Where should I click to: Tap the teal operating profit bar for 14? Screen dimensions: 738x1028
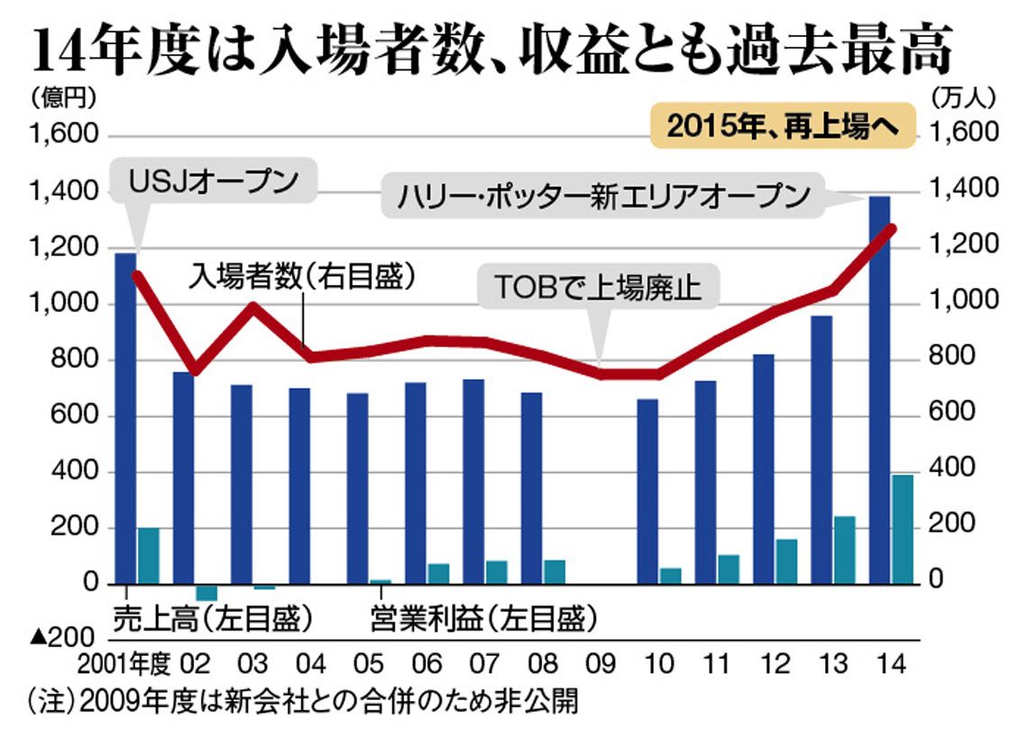coord(903,529)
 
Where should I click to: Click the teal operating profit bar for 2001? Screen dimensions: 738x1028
coord(148,556)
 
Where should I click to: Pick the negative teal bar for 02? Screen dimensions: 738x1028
coord(207,592)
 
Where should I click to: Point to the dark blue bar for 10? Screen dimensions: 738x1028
coord(647,492)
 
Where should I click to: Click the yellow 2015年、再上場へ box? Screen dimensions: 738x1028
coord(782,127)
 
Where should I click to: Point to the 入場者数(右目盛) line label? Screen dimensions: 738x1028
coord(302,276)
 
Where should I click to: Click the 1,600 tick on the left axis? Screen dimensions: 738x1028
coord(63,135)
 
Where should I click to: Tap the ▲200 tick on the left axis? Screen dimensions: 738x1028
coord(63,638)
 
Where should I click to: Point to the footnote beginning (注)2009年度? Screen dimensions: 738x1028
coord(302,700)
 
